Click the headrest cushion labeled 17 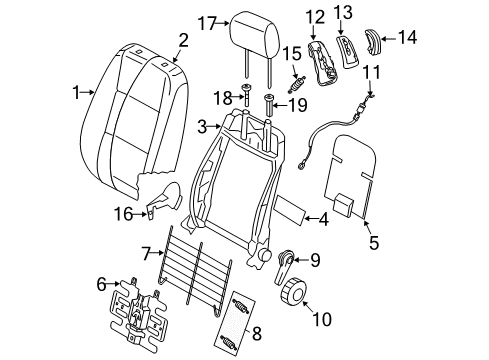[254, 35]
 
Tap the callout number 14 [407, 37]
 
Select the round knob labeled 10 [293, 289]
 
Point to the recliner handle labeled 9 [285, 266]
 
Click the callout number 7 [147, 254]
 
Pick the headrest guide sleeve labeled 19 [268, 105]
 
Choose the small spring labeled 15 [297, 85]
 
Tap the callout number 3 [202, 127]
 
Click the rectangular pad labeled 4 [290, 209]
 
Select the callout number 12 [316, 17]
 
